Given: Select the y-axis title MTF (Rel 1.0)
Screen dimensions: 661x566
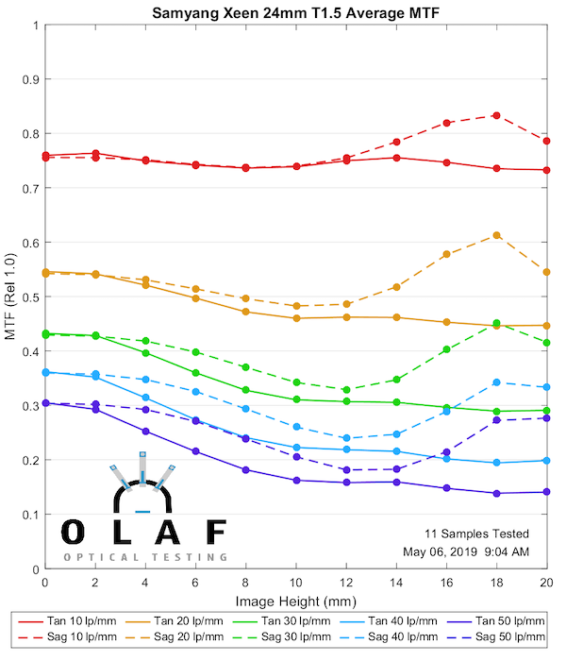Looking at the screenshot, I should [x=11, y=297].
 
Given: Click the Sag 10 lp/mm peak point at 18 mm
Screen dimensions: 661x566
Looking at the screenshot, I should [x=496, y=115].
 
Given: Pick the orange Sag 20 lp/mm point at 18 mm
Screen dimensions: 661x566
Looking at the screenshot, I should [x=496, y=235].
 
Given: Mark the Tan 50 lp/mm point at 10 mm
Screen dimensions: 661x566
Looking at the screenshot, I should [x=296, y=480].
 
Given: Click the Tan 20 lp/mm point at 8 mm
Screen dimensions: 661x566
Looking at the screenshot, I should [x=246, y=312].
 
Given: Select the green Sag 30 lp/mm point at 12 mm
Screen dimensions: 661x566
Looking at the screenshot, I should [x=346, y=390].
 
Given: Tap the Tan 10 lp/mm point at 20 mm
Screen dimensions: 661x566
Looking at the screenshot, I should [x=546, y=170].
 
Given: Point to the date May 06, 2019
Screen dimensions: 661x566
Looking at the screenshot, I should [x=451, y=551].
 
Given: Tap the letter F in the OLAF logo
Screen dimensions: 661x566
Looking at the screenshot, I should [x=216, y=532].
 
